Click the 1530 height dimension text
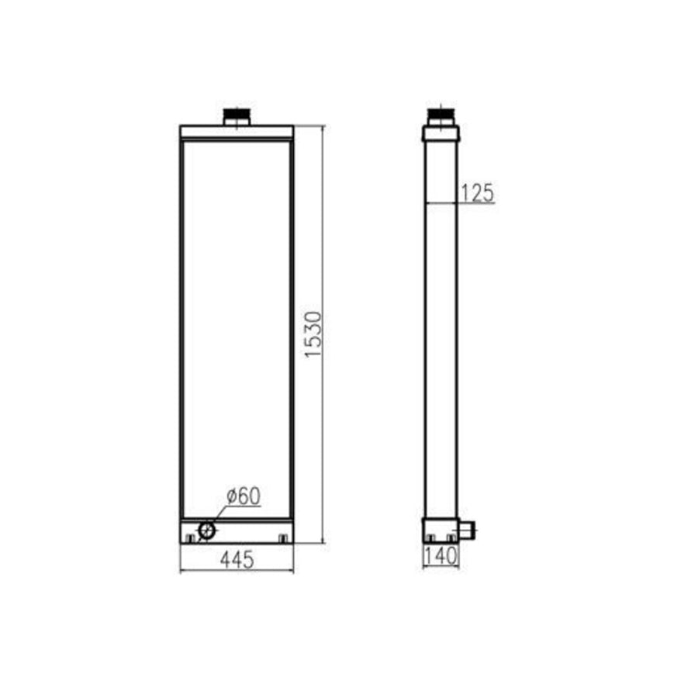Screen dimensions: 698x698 click(313, 335)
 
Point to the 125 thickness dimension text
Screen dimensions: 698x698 click(478, 193)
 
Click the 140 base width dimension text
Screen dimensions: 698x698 click(441, 556)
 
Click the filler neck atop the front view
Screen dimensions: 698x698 click(237, 117)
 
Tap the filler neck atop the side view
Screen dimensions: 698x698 click(441, 117)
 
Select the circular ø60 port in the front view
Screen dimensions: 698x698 click(207, 530)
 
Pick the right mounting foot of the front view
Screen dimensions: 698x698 click(283, 539)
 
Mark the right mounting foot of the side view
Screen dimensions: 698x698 click(451, 538)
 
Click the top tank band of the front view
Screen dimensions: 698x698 click(237, 132)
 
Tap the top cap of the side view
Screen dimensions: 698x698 click(441, 133)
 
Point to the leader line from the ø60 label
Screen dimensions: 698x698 click(220, 513)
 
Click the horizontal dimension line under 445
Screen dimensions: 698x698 click(237, 572)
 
